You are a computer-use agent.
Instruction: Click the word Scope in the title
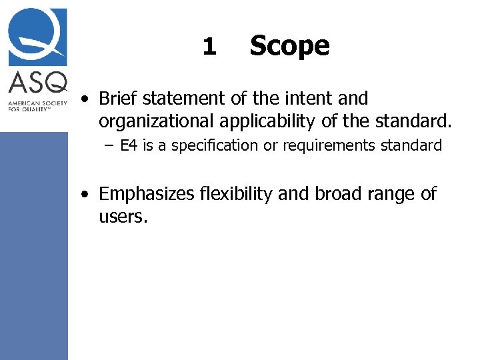pyautogui.click(x=289, y=46)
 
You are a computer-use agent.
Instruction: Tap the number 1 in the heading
pyautogui.click(x=209, y=46)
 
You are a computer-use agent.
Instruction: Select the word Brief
pyautogui.click(x=117, y=99)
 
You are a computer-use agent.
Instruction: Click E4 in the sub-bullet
pyautogui.click(x=129, y=145)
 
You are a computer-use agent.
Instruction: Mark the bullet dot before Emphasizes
pyautogui.click(x=85, y=195)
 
